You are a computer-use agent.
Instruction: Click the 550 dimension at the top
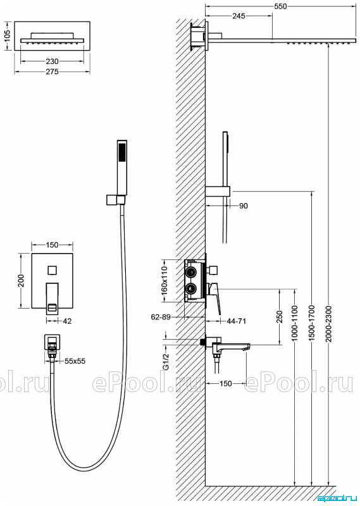point(280,6)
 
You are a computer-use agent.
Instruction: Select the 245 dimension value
point(239,16)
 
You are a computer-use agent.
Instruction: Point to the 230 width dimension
point(52,61)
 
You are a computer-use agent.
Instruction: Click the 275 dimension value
point(52,71)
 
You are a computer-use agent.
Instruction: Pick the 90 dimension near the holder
point(244,206)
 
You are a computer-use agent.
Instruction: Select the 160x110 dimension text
point(164,280)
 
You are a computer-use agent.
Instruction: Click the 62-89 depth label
point(161,317)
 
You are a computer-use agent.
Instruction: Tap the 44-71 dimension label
point(237,321)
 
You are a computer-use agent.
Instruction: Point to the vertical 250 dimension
point(280,317)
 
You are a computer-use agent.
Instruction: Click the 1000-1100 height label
point(294,323)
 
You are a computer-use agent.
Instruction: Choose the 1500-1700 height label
point(312,323)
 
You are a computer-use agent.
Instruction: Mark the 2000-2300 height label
point(328,323)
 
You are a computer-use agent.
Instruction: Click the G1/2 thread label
point(166,362)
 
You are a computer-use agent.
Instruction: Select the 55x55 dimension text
point(75,361)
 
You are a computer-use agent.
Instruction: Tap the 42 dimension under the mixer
point(67,321)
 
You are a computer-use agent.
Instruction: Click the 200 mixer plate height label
point(21,281)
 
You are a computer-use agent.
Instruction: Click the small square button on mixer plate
point(52,269)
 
